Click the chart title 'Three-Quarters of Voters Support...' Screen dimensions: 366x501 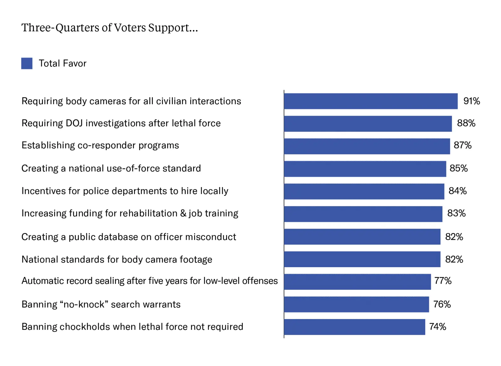tap(110, 28)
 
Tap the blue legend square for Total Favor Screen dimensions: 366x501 tap(27, 63)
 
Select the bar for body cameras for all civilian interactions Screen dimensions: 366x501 tap(371, 101)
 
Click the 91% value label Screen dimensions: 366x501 tap(472, 101)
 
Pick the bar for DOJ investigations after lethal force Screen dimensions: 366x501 tap(368, 124)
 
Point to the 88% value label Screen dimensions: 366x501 tap(466, 123)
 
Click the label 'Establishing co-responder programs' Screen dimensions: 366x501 tap(100, 145)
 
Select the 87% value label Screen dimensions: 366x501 tap(462, 145)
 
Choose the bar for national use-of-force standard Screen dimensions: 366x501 tap(365, 169)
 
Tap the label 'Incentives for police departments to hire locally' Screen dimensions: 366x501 tap(125, 191)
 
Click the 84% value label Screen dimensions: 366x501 tap(457, 191)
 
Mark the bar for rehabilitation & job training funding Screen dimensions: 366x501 tap(363, 214)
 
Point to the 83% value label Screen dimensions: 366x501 tap(456, 213)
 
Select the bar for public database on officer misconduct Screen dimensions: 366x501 tap(362, 236)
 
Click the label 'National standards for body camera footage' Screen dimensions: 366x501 tap(117, 260)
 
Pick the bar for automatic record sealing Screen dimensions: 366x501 tap(357, 282)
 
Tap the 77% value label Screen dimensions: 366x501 tap(443, 281)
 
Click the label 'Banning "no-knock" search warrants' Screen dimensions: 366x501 tap(101, 304)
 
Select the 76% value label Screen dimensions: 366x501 tap(442, 304)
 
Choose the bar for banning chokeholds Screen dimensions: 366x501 tap(354, 327)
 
